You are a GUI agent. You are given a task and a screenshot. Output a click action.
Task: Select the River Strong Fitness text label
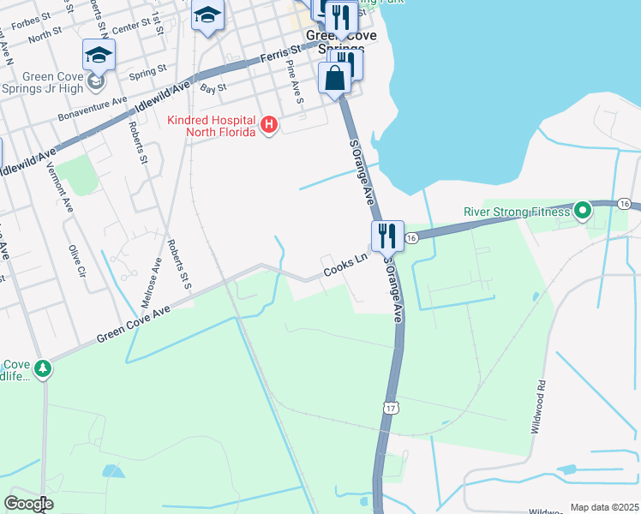pyautogui.click(x=517, y=212)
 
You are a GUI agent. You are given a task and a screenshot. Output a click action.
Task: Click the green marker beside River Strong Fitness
pyautogui.click(x=583, y=210)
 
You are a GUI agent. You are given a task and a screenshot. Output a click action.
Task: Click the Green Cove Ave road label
pyautogui.click(x=134, y=325)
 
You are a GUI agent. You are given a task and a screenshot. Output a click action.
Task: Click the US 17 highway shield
pyautogui.click(x=390, y=410)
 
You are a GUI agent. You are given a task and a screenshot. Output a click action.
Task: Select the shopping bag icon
pyautogui.click(x=335, y=79)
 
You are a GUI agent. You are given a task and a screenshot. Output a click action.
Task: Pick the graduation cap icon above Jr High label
pyautogui.click(x=99, y=57)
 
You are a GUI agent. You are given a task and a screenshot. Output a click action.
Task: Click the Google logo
pyautogui.click(x=28, y=504)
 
